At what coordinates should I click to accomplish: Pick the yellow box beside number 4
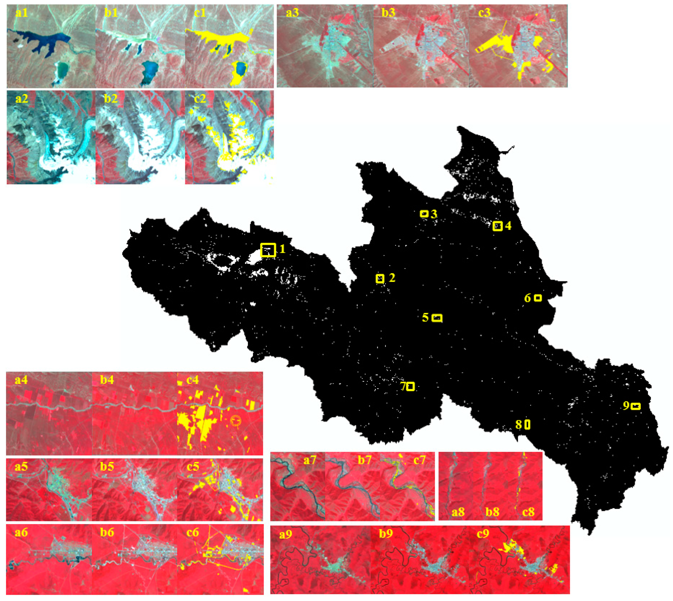(497, 226)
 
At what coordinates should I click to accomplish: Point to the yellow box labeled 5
(437, 318)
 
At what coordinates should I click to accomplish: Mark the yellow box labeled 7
(411, 386)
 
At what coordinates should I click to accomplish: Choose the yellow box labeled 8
(527, 425)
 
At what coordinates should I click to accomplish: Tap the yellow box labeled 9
(636, 406)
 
